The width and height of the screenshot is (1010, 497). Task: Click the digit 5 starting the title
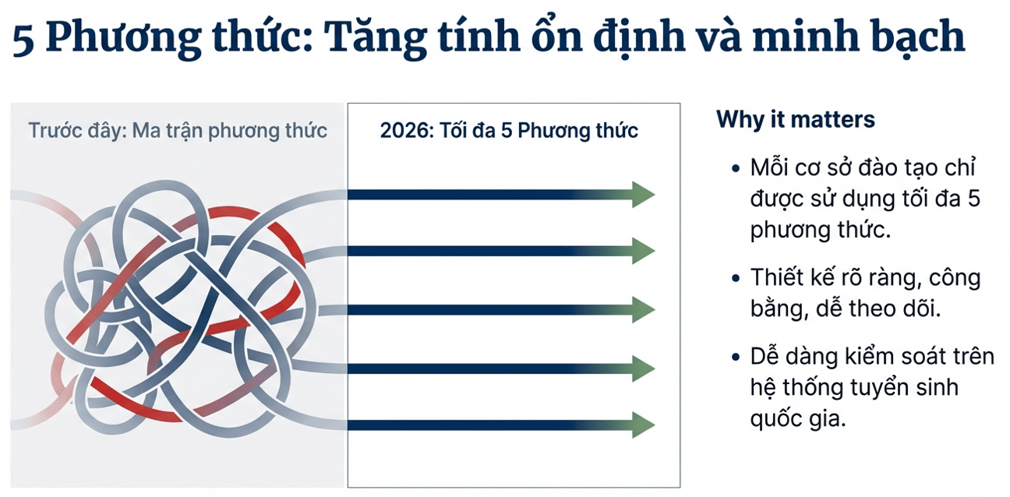point(23,40)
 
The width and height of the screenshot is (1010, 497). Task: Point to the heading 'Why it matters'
point(796,119)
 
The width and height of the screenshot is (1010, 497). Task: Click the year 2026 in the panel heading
point(403,131)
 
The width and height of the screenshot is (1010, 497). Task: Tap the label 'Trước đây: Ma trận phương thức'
point(177,131)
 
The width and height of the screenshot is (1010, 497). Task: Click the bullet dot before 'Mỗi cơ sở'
point(736,169)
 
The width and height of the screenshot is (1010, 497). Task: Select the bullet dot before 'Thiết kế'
point(736,278)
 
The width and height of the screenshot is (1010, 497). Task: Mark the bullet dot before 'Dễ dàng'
point(736,358)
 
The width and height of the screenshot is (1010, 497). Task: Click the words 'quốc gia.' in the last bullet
point(798,419)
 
